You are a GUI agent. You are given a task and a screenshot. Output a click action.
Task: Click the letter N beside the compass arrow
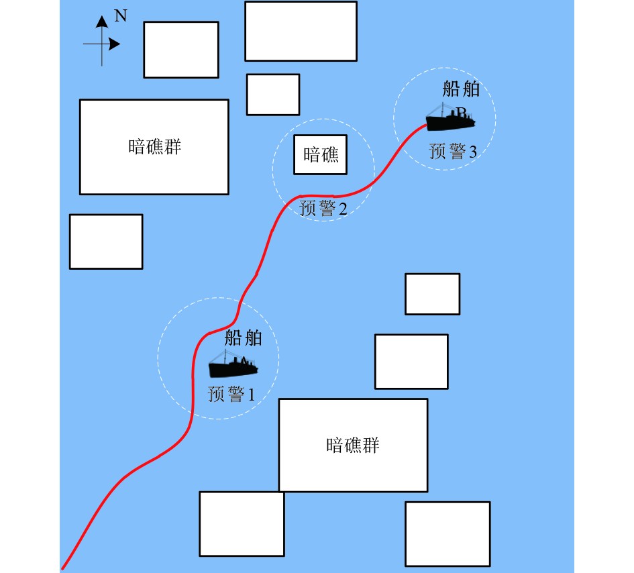tap(121, 17)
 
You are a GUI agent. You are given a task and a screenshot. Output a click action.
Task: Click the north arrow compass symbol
tap(102, 42)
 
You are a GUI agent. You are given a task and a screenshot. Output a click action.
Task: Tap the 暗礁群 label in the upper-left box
tap(154, 147)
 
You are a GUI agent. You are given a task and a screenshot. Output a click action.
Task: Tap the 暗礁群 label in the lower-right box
tap(353, 445)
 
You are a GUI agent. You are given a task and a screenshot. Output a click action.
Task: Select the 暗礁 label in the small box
tap(321, 156)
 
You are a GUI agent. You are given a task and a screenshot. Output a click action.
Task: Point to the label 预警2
tap(323, 209)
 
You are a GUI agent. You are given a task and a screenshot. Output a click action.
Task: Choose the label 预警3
tap(453, 152)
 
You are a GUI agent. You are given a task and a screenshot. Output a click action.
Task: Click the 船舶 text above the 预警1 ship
tap(243, 337)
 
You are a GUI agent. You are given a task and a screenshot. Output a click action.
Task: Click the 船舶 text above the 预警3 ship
tap(462, 89)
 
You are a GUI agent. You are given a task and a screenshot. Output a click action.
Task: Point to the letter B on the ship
tap(462, 111)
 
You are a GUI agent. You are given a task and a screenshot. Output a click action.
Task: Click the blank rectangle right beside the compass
tap(181, 49)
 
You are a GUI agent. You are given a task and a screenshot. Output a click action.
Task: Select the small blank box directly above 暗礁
tap(272, 94)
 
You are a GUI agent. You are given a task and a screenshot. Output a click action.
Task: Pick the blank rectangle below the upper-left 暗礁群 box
tap(106, 242)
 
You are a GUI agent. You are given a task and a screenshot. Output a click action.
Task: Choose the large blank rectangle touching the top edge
tap(300, 31)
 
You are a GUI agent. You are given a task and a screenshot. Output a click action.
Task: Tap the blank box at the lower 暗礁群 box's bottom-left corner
tap(242, 523)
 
